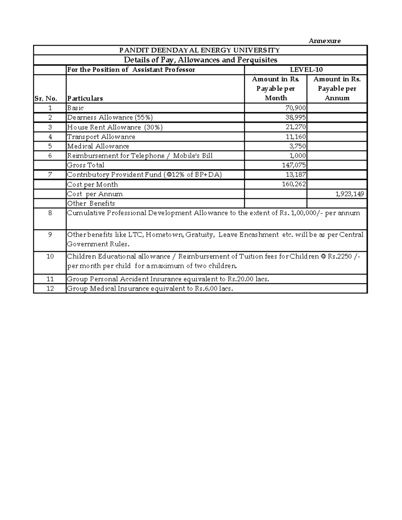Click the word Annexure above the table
click(324, 41)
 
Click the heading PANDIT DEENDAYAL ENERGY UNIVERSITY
click(200, 50)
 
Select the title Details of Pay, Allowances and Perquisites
click(200, 60)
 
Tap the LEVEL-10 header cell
click(306, 70)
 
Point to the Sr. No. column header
click(46, 98)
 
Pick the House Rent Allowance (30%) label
click(115, 127)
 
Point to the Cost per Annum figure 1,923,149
click(350, 194)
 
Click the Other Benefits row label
click(91, 203)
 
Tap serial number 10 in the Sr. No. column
click(50, 256)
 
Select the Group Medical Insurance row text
click(149, 288)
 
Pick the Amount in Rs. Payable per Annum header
click(337, 88)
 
